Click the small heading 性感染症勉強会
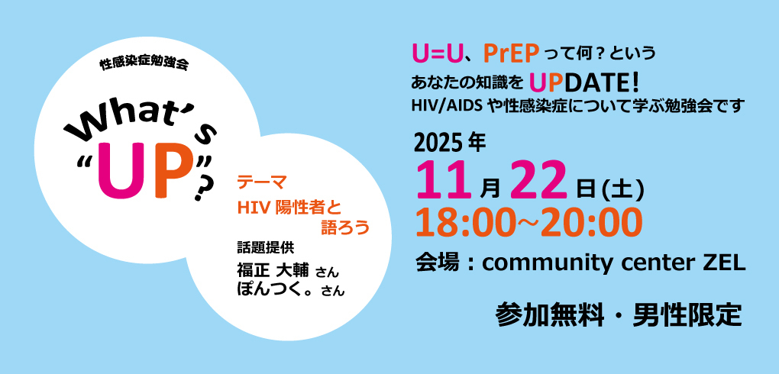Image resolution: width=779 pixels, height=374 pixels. (144, 65)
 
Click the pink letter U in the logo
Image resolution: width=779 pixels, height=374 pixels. (118, 172)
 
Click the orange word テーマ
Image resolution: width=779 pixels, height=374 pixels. (261, 182)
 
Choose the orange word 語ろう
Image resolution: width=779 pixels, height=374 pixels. (345, 227)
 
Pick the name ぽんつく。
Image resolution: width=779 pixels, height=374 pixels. (277, 289)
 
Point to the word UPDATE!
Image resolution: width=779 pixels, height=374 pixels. (585, 83)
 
